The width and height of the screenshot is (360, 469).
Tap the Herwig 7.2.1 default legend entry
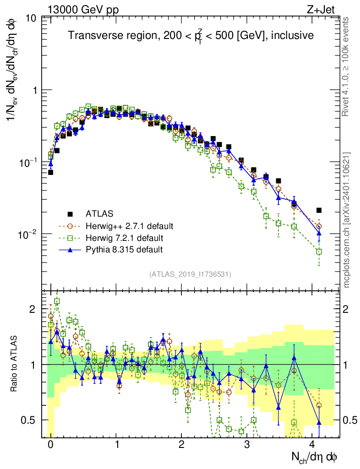point(125,238)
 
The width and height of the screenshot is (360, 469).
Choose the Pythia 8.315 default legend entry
point(124,250)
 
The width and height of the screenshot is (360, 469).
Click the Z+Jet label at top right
point(325,9)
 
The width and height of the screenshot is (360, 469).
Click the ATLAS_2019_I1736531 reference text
point(190,274)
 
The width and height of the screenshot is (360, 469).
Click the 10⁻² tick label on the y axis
point(27,234)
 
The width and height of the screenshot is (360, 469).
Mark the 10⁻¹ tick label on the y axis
point(27,162)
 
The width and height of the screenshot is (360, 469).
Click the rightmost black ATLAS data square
point(319,210)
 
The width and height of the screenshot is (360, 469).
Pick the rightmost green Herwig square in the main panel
point(319,251)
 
